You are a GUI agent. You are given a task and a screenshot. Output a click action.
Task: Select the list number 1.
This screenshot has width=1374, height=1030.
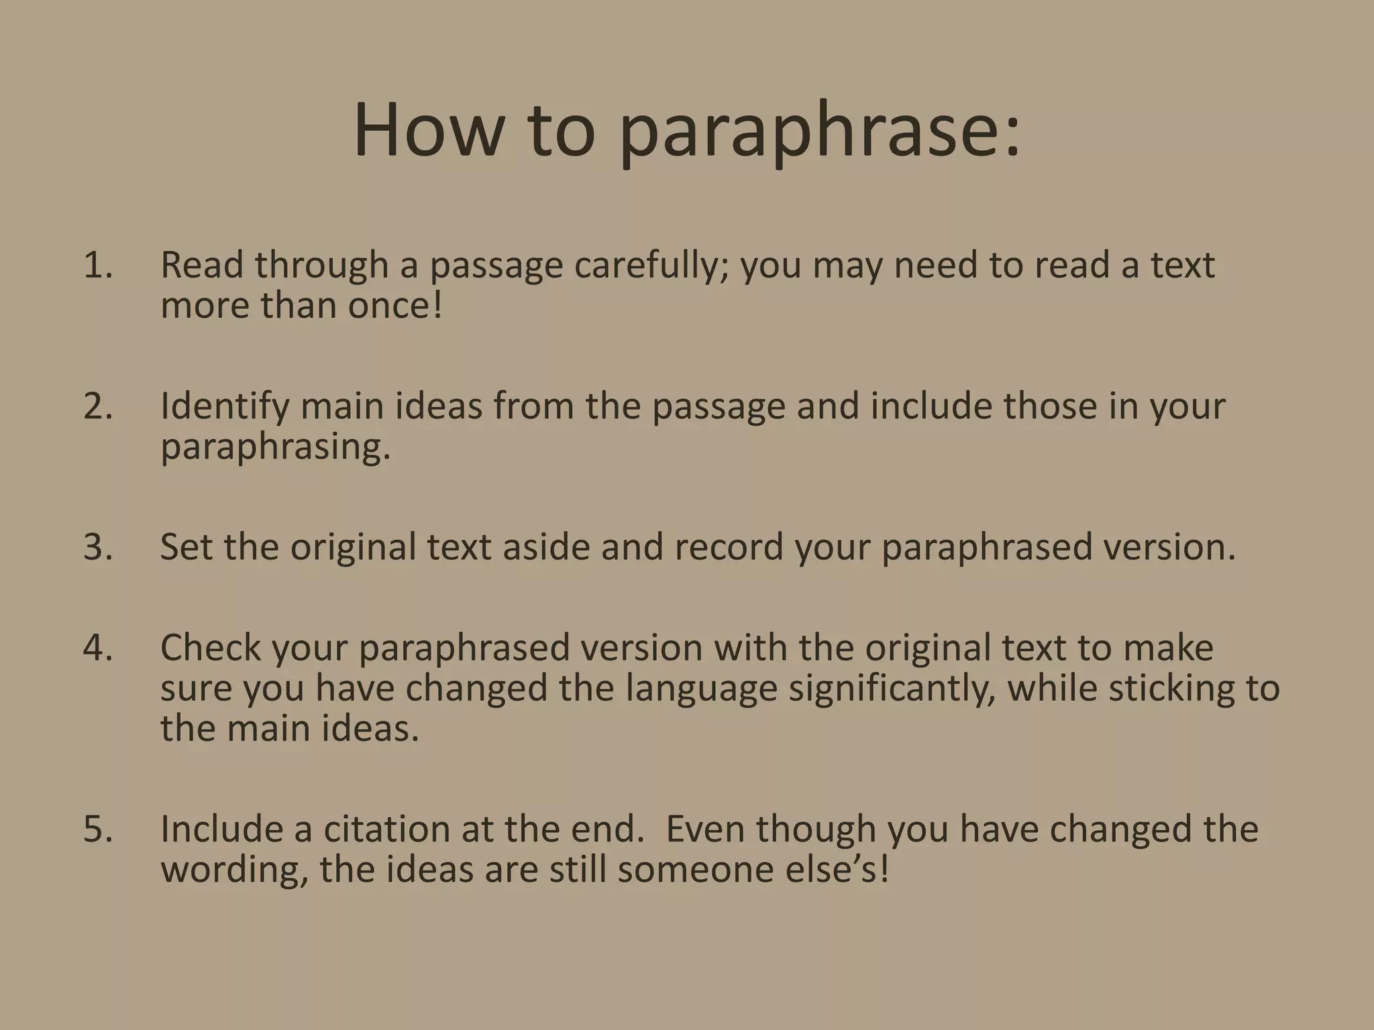98,265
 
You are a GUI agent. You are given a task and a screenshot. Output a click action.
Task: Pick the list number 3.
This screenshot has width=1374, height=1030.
98,547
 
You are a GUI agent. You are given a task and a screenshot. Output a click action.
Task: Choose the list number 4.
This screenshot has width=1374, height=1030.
98,648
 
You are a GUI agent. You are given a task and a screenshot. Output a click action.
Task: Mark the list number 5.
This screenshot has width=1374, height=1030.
98,829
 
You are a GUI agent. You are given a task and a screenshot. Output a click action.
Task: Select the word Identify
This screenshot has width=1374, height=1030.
224,407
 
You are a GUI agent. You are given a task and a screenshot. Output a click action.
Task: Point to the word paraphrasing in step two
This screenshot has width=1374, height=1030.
275,448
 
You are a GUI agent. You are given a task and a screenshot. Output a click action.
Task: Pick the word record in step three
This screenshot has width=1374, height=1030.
729,547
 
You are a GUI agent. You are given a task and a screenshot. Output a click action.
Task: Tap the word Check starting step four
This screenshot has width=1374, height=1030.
211,648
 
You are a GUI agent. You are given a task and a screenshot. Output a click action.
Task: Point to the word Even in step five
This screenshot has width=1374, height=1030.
704,829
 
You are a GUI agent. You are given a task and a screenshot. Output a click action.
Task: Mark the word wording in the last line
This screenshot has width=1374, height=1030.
235,870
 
